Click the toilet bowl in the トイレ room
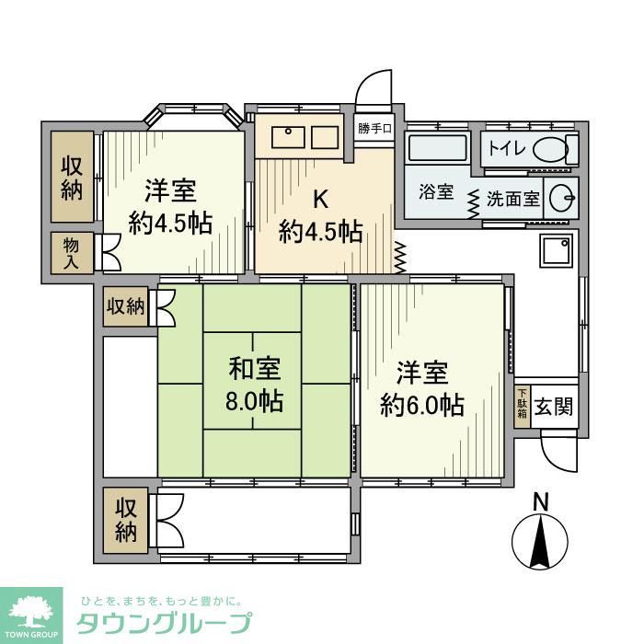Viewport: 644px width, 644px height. coord(551,149)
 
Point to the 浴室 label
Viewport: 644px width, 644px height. coord(436,193)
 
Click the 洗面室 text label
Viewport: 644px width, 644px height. coord(512,197)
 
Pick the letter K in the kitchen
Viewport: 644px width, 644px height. coord(319,198)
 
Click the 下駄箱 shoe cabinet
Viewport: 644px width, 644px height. coord(522,406)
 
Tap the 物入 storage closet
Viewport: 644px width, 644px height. coord(72,252)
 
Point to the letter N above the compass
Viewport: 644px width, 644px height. coord(541,502)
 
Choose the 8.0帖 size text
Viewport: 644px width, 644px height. coord(254,402)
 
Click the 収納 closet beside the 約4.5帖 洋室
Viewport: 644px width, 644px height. coord(72,177)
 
